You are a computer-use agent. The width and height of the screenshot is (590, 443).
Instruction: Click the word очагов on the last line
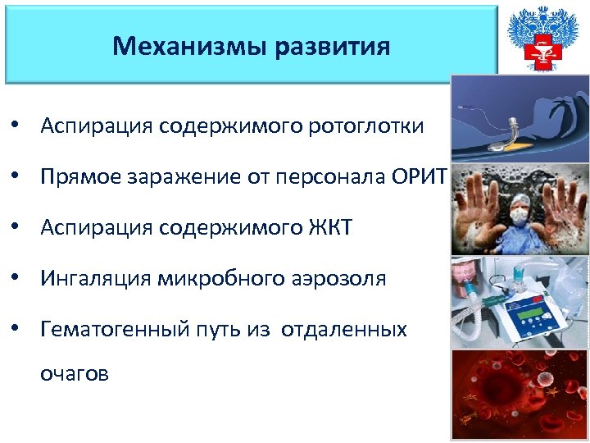75,373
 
